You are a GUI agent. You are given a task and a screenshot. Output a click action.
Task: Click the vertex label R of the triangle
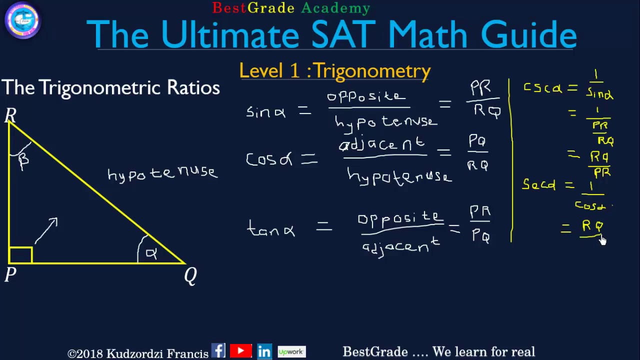[x=10, y=116]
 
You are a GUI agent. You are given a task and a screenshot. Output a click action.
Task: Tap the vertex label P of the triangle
[x=10, y=274]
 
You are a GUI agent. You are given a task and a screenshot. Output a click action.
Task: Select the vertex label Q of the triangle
[x=190, y=275]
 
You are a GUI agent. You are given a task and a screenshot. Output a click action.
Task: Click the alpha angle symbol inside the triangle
[x=151, y=253]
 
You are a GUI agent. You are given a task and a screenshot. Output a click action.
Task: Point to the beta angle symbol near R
[x=23, y=160]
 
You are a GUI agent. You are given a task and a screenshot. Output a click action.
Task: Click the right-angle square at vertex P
[x=20, y=255]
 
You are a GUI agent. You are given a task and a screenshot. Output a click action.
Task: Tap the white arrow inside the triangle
[x=46, y=230]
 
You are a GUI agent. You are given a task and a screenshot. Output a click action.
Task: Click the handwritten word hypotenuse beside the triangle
[x=162, y=173]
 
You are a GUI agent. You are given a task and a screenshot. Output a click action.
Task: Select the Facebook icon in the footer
[x=218, y=351]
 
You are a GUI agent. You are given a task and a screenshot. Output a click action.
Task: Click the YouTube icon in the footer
[x=241, y=351]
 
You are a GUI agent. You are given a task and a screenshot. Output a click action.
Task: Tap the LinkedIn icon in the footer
[x=264, y=351]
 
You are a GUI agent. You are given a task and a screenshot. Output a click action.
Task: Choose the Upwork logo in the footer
[x=291, y=351]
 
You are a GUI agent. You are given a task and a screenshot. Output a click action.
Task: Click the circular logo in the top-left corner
[x=22, y=20]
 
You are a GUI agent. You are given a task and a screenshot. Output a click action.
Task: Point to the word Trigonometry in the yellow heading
[x=372, y=71]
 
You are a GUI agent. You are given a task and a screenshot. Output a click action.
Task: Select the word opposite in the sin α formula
[x=366, y=96]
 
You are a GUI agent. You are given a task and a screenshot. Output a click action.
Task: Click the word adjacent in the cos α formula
[x=382, y=145]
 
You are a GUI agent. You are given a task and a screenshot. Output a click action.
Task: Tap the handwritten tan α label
[x=271, y=229]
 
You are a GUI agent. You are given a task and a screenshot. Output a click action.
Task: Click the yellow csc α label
[x=542, y=88]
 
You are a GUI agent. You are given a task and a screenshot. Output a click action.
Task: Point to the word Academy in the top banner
[x=335, y=8]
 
